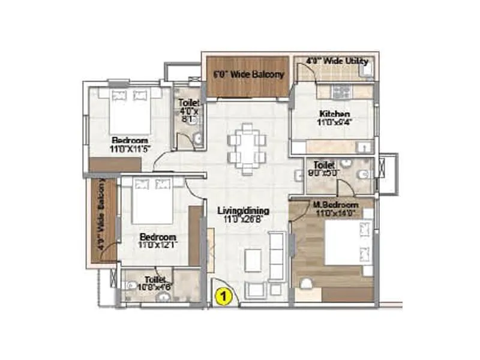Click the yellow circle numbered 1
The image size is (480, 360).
223,295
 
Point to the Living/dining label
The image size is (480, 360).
243,211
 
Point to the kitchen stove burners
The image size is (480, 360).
341,92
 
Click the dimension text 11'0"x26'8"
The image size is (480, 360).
243,220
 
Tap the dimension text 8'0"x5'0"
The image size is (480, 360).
329,171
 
